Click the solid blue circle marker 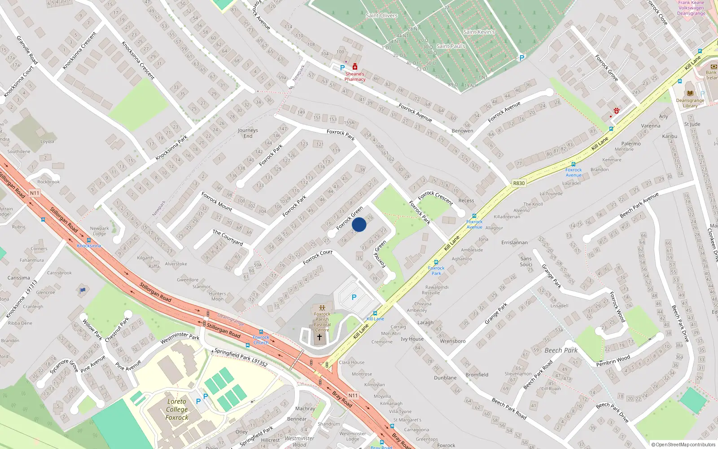click(x=359, y=224)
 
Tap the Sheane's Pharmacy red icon click(x=355, y=67)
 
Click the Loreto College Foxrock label click(x=177, y=409)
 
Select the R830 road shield click(x=519, y=183)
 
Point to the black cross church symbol click(x=320, y=337)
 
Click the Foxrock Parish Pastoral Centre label click(x=322, y=322)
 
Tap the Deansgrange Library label click(x=690, y=103)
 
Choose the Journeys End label click(x=248, y=133)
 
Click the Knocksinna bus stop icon click(x=88, y=241)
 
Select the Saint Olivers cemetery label click(x=381, y=15)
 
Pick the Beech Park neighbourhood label click(x=561, y=350)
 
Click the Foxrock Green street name click(x=350, y=218)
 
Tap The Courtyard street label click(x=228, y=237)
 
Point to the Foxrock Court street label click(x=318, y=257)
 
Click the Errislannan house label click(x=514, y=242)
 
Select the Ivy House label click(x=412, y=339)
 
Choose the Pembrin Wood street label click(x=613, y=361)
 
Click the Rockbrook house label click(x=48, y=182)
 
